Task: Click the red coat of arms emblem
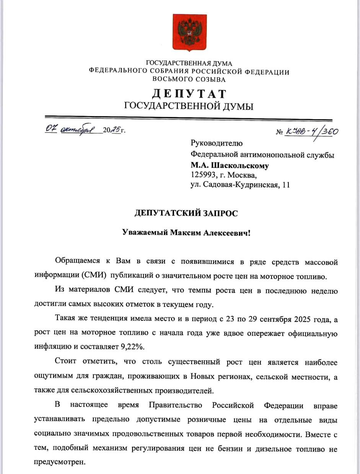point(189,32)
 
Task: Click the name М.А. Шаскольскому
point(230,165)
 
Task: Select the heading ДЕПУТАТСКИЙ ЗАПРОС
point(186,213)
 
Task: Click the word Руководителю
point(216,144)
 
